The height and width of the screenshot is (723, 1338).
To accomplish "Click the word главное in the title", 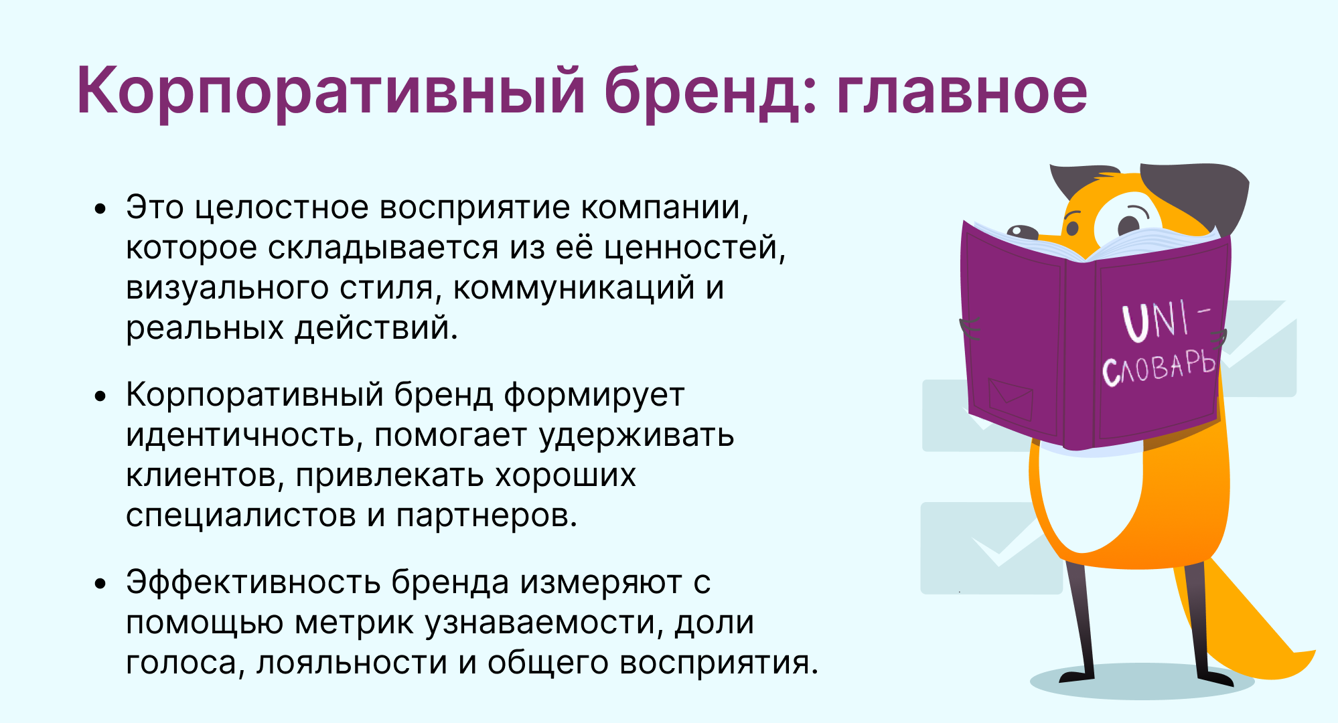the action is click(962, 91).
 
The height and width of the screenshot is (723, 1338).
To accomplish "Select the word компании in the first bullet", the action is click(664, 208).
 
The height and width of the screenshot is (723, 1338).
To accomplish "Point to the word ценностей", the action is click(695, 248).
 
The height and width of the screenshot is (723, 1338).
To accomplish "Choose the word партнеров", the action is click(486, 516).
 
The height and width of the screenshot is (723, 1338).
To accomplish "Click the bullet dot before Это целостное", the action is click(100, 209).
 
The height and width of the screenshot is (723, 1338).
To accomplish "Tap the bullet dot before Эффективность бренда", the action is click(100, 584).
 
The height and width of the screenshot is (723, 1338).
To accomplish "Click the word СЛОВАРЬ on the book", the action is click(1159, 368).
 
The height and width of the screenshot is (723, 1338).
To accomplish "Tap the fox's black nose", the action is click(1022, 232).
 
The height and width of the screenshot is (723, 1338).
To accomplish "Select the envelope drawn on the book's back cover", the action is click(1011, 399).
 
